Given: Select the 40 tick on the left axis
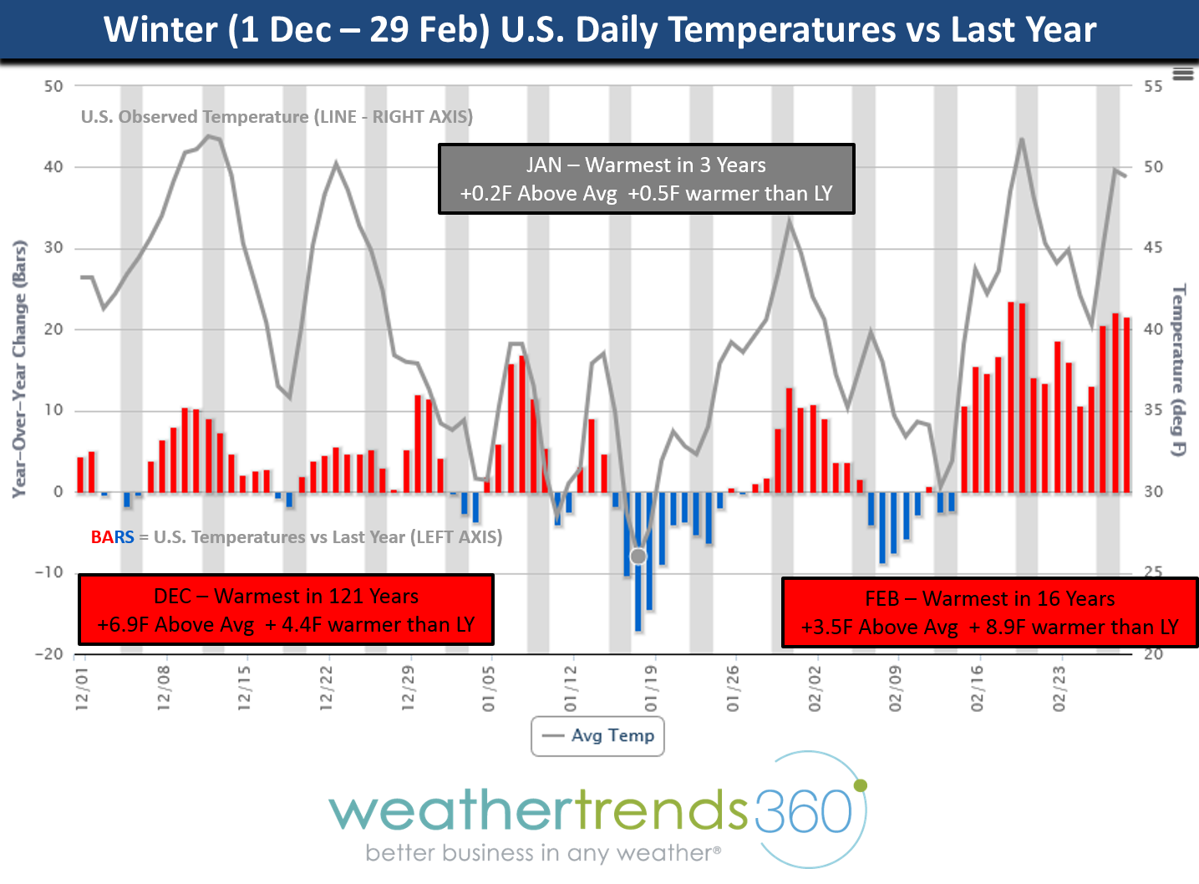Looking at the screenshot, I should point(53,167).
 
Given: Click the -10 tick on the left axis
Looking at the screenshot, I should point(49,572).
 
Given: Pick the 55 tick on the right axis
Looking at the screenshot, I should point(1153,86).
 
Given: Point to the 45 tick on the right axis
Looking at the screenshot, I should point(1153,248).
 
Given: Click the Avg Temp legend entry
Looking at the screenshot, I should point(598,736).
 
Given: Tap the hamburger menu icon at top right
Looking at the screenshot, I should point(1182,74).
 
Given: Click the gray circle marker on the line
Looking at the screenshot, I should point(638,556).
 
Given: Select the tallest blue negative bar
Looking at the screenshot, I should point(638,561).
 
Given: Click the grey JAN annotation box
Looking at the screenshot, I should point(646,179).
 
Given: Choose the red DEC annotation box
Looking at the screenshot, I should point(286,610).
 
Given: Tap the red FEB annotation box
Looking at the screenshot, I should point(989,612).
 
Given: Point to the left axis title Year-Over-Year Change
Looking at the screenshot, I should point(19,369).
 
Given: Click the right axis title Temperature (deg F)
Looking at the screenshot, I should point(1178,369).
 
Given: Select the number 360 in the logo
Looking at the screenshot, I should point(803,810).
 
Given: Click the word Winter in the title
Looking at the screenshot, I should point(160,30).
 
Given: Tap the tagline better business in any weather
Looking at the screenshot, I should point(543,853).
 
